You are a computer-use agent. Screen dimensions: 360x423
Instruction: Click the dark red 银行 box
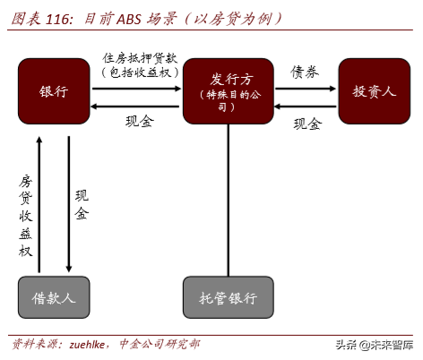pyautogui.click(x=54, y=91)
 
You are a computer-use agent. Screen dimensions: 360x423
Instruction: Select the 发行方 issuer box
pyautogui.click(x=229, y=91)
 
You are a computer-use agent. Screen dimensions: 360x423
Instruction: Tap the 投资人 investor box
pyautogui.click(x=374, y=91)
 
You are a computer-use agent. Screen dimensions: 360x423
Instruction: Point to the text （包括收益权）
pyautogui.click(x=141, y=73)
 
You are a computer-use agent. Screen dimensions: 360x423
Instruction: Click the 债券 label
pyautogui.click(x=305, y=72)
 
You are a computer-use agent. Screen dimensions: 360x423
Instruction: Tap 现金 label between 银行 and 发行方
pyautogui.click(x=141, y=122)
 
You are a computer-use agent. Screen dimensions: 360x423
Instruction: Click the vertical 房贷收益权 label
pyautogui.click(x=26, y=215)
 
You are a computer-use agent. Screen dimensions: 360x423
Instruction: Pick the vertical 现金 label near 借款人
pyautogui.click(x=82, y=205)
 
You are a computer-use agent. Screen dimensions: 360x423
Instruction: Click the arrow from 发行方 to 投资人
pyautogui.click(x=305, y=89)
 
